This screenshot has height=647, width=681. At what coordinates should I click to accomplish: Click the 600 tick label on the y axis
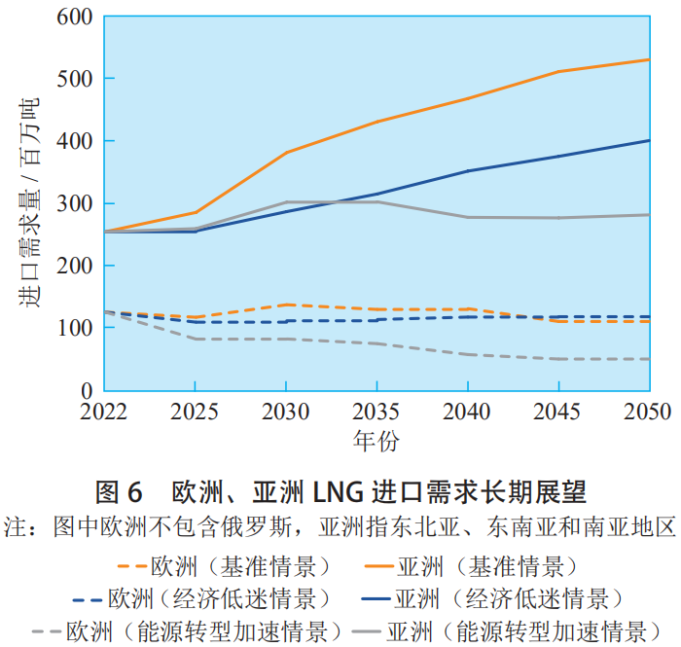click(x=75, y=17)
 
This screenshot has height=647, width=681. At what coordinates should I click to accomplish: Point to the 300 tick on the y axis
click(x=75, y=203)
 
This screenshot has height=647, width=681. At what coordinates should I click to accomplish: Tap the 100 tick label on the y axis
click(x=75, y=328)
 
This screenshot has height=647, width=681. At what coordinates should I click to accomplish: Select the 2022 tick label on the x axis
click(x=103, y=412)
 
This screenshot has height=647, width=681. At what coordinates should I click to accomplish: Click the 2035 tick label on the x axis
click(x=376, y=412)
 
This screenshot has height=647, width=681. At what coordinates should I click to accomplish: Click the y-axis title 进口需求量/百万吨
click(x=30, y=203)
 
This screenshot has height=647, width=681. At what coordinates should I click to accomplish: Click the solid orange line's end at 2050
click(x=649, y=59)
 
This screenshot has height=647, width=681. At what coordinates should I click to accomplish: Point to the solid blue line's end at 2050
click(x=649, y=140)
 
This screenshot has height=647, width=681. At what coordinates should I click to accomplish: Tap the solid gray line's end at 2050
click(x=649, y=215)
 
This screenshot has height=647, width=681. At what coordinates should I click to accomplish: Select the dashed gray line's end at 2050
click(x=649, y=359)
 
